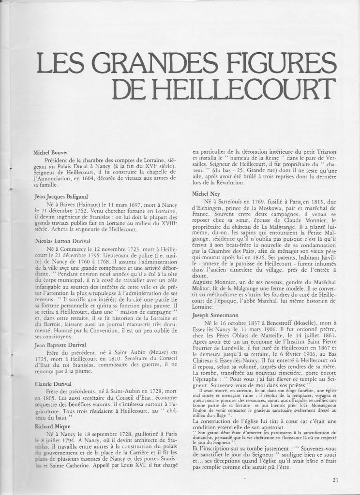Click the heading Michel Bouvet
49,152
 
